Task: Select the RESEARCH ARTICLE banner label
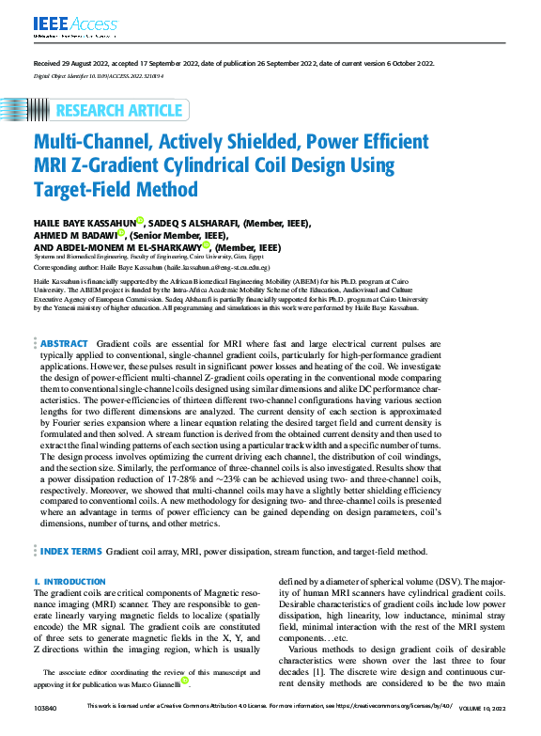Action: click(x=118, y=111)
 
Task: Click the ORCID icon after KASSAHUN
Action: click(x=138, y=221)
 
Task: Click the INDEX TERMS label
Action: click(x=74, y=551)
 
